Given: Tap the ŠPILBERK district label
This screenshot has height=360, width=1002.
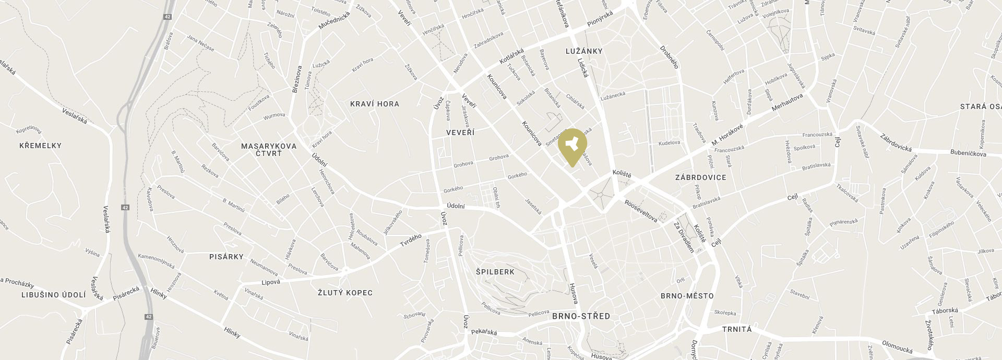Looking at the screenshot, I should (495, 272).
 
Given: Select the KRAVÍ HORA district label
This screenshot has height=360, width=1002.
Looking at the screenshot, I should (375, 104).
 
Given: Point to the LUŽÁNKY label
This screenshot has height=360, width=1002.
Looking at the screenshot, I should (584, 51).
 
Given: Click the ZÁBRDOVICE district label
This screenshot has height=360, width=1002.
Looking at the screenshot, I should (700, 177).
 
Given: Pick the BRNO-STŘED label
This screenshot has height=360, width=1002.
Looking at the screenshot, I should (581, 316).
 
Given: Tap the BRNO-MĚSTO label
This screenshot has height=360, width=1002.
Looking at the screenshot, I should (687, 296).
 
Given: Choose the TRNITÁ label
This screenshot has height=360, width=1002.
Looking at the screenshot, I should (737, 329).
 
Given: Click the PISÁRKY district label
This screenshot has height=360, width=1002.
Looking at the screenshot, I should (226, 257).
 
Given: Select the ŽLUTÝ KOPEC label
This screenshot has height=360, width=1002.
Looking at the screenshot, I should (345, 293).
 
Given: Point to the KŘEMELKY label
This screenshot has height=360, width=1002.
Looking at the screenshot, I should (40, 146).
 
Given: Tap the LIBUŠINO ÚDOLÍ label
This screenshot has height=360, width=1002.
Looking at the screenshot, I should (53, 295).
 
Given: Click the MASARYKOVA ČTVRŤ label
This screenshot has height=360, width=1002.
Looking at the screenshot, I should (269, 149).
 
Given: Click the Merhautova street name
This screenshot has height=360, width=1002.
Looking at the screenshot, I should (788, 103).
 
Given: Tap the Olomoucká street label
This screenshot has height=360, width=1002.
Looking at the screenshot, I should (897, 346).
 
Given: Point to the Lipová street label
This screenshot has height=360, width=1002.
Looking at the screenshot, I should (270, 282).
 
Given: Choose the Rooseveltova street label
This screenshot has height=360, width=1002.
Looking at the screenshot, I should (641, 210).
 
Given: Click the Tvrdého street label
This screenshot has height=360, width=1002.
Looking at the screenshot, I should (410, 241).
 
